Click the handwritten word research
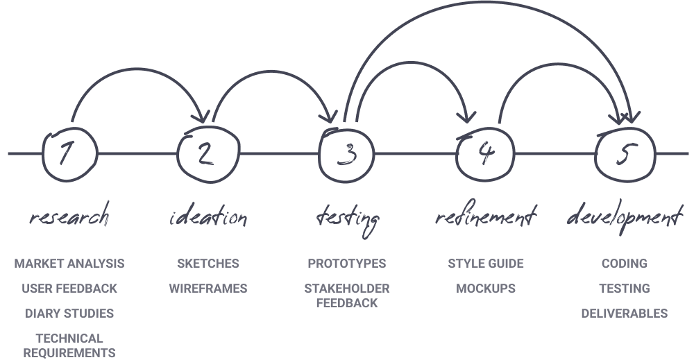point(69,218)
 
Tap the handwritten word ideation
point(208,218)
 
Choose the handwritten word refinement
point(486,218)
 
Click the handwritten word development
point(625,219)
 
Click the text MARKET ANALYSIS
point(69,264)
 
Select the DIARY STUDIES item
point(69,314)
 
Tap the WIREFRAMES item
point(208,289)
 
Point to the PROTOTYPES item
point(347,264)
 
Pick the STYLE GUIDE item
point(486,264)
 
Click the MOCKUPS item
point(486,289)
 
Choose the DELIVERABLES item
point(625,314)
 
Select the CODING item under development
point(625,264)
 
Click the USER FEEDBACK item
point(69,289)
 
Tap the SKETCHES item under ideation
point(208,264)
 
